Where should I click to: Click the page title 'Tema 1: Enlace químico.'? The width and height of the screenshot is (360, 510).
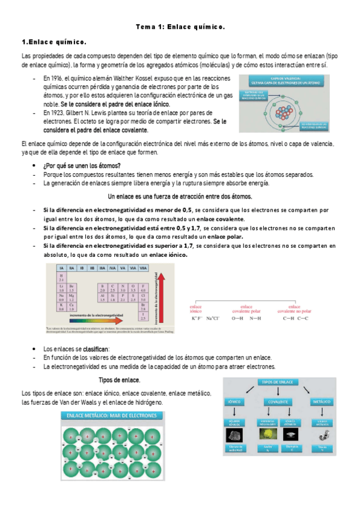[x=179, y=27]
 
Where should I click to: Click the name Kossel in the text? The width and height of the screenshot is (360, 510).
[x=155, y=79]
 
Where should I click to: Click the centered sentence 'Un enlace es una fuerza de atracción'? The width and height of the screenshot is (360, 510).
[x=179, y=197]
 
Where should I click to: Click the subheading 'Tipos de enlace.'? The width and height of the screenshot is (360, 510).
[x=119, y=380]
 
